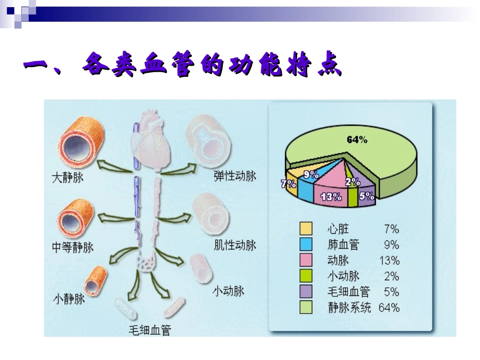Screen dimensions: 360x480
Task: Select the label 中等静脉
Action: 73,247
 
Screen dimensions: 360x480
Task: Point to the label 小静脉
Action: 69,299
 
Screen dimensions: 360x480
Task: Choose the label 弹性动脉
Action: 234,176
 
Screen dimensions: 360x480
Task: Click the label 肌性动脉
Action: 234,245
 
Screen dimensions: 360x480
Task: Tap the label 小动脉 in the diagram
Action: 228,291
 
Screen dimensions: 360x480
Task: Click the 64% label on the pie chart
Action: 357,140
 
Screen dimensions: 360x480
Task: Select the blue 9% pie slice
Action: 306,184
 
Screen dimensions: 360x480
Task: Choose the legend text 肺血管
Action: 343,245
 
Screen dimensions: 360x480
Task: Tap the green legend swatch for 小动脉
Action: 306,276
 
